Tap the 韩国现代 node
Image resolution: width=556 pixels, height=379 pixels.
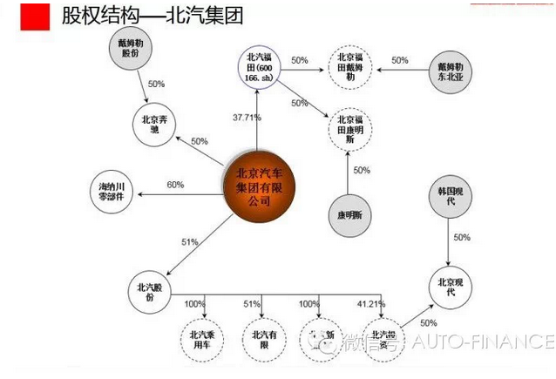click(449, 198)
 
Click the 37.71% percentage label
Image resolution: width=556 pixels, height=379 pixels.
click(247, 117)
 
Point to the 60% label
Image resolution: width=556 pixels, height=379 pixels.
click(176, 185)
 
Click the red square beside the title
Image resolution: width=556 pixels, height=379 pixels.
click(35, 17)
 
